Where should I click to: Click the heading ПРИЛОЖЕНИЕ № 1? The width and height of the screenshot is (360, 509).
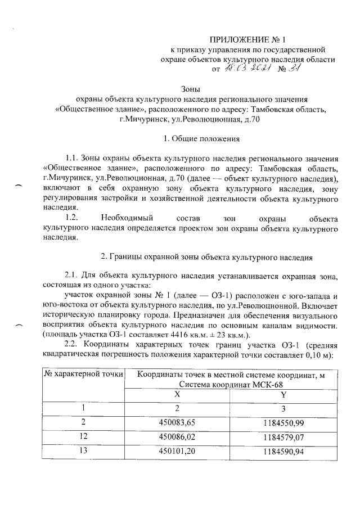pyautogui.click(x=248, y=40)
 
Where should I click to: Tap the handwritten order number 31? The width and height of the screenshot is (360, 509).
pyautogui.click(x=295, y=69)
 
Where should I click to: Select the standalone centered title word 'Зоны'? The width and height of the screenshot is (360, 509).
pyautogui.click(x=190, y=88)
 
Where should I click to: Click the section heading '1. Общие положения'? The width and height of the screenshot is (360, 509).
pyautogui.click(x=190, y=138)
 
